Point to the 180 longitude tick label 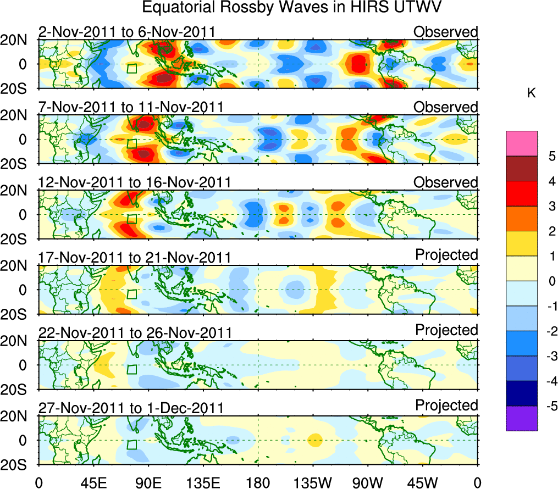[x=258, y=482]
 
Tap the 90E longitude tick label [x=148, y=482]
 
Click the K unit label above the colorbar [x=531, y=94]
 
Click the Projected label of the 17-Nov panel [x=446, y=255]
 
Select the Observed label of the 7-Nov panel [x=446, y=107]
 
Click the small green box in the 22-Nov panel [x=131, y=369]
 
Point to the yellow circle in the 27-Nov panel [x=314, y=440]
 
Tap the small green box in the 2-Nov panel [x=131, y=69]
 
